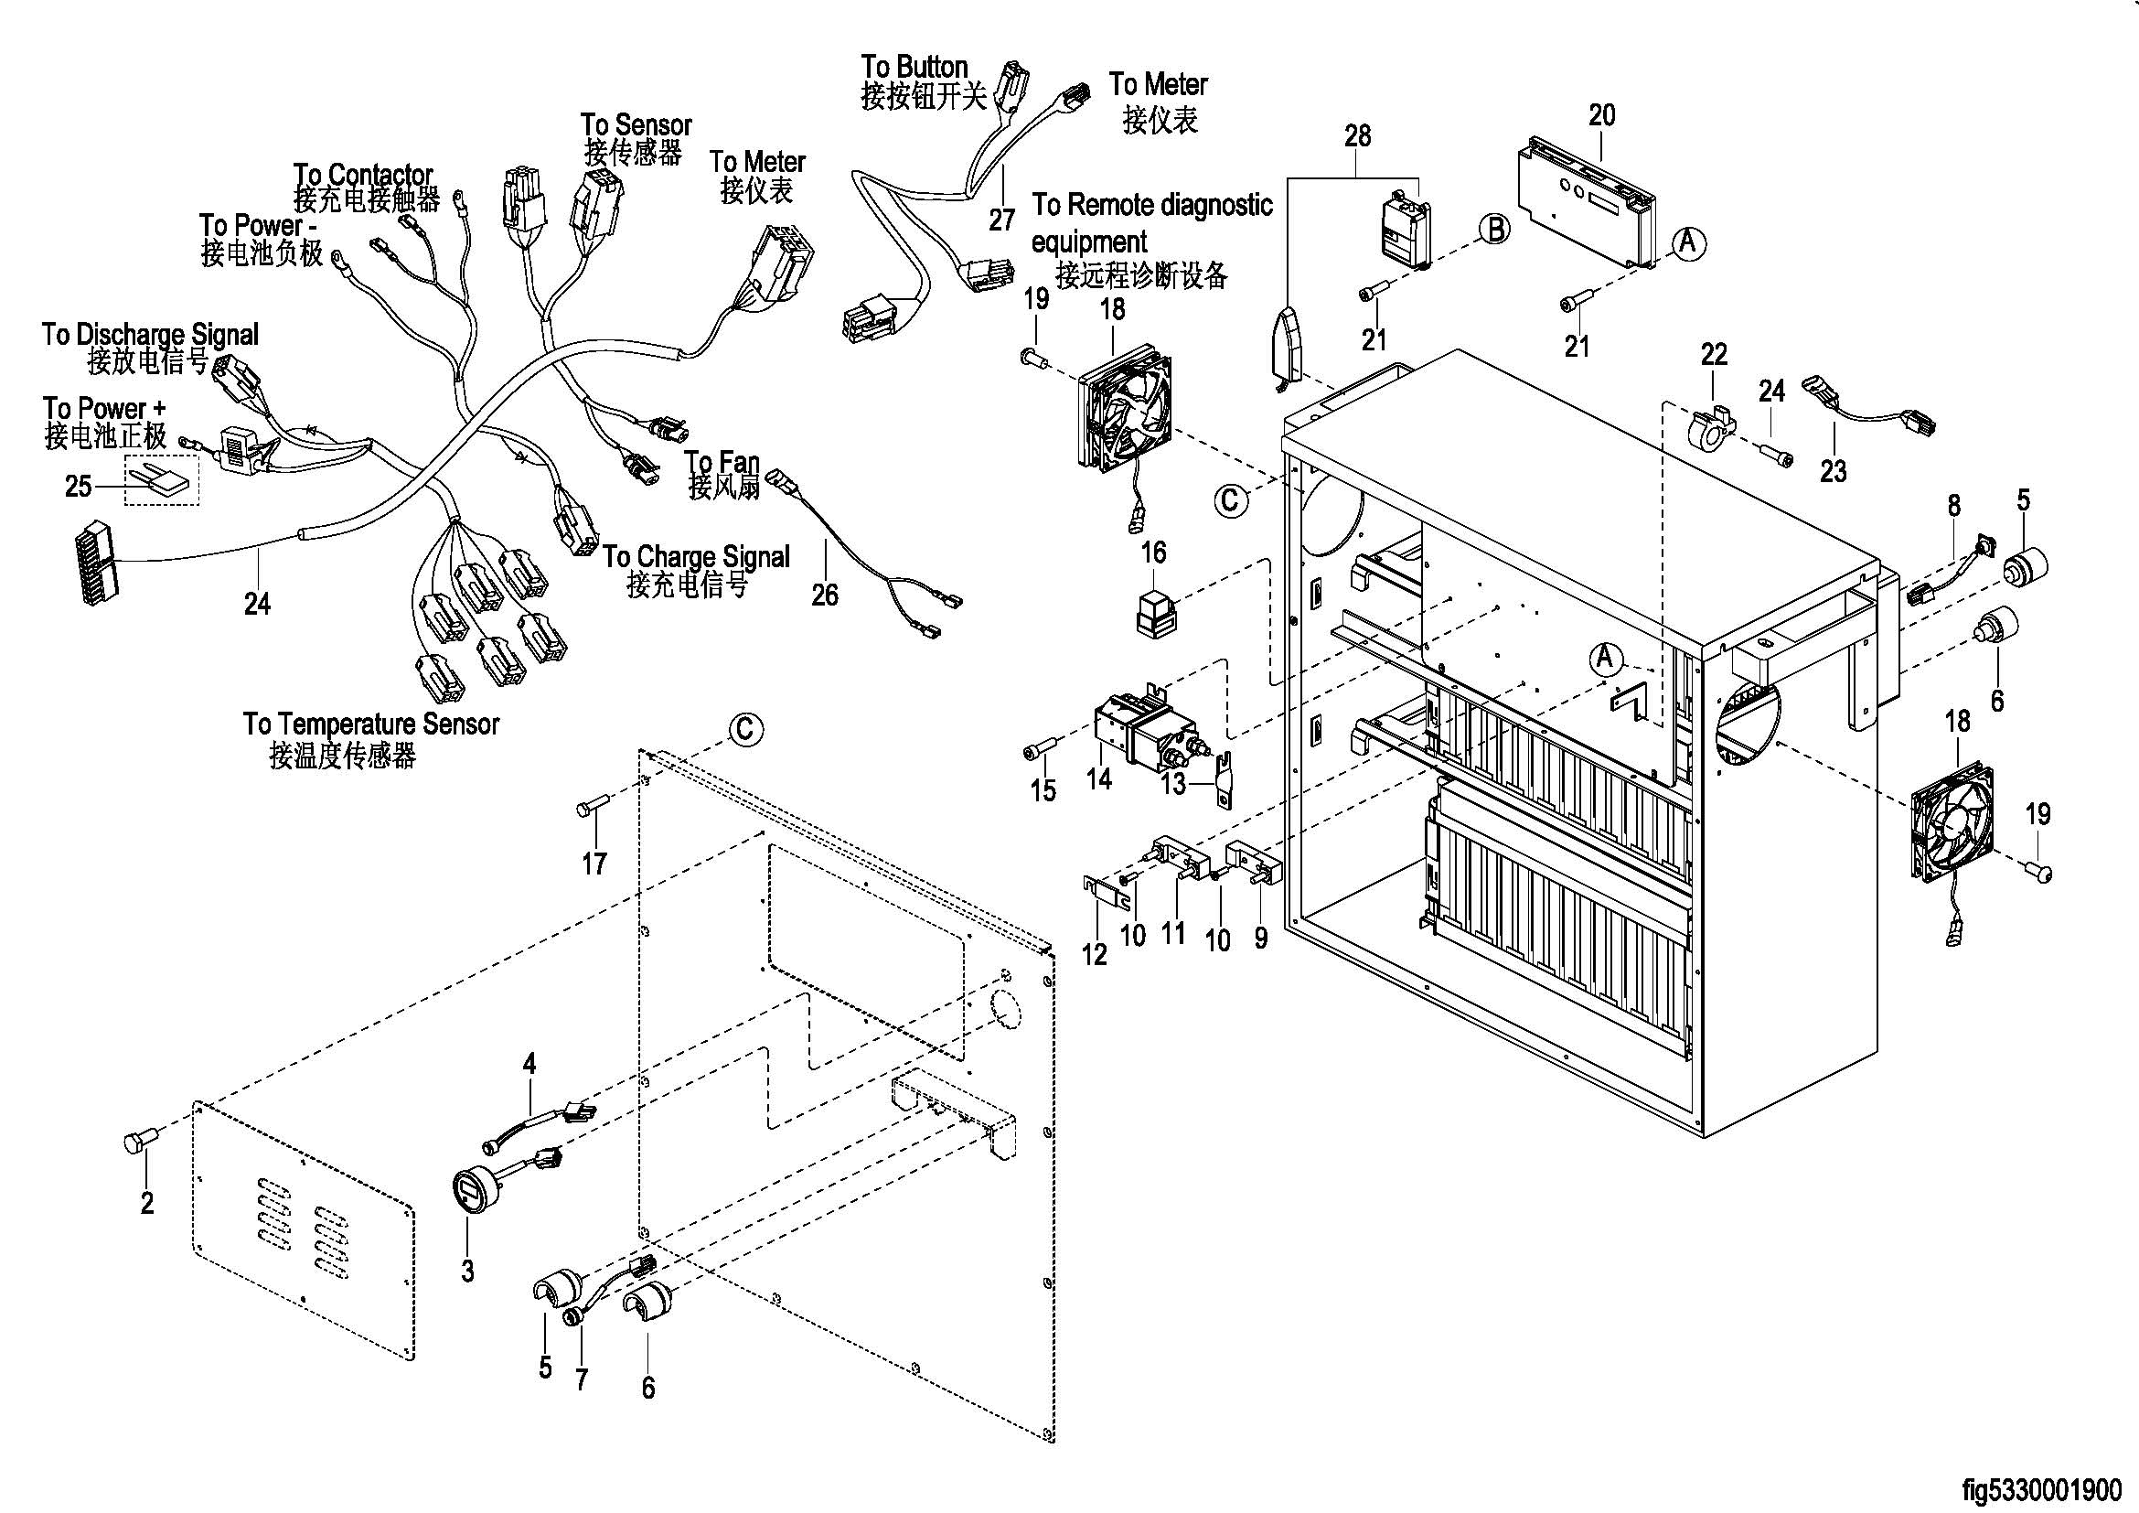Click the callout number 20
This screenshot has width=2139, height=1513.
click(x=1601, y=115)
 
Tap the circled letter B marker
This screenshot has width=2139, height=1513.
click(x=1495, y=230)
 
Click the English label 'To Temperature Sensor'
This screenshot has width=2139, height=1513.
click(x=370, y=724)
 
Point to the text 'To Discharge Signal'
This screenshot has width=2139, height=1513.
click(x=150, y=335)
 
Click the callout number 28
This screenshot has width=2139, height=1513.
click(x=1357, y=136)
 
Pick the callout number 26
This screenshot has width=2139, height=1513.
click(x=825, y=595)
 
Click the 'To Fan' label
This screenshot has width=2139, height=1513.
click(x=723, y=462)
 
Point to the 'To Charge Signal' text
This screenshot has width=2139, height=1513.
click(x=696, y=557)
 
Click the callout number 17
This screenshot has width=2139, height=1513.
click(x=594, y=864)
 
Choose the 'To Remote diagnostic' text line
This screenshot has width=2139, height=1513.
click(x=1151, y=205)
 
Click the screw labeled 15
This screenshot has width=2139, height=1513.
click(x=1042, y=750)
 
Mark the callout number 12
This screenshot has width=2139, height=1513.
click(x=1095, y=954)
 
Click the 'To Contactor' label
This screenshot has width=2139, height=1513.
click(x=363, y=174)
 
